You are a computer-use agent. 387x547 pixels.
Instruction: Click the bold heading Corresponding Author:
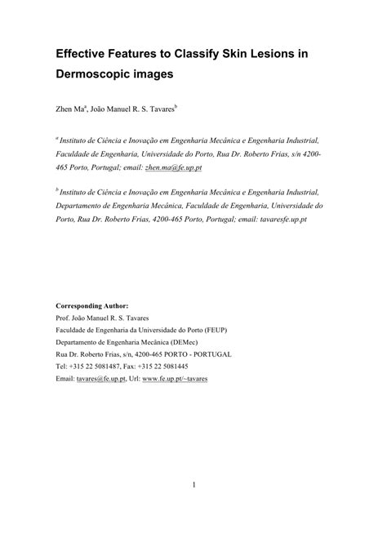(91, 305)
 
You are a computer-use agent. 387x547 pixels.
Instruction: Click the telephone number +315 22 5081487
(102, 367)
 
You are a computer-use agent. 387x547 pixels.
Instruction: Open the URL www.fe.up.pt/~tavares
(175, 380)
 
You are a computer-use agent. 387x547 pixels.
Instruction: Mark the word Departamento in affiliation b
(83, 207)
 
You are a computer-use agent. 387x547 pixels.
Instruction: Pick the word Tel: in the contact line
(63, 367)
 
